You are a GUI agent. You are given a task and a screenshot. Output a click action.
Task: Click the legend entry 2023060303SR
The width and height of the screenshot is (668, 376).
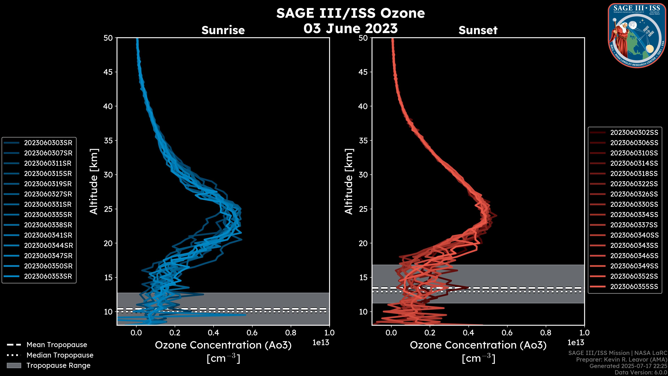tap(48, 143)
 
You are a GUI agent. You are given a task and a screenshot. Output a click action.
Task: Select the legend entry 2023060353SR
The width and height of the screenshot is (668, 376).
tap(48, 276)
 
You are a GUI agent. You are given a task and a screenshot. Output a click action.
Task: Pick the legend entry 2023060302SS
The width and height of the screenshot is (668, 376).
tap(634, 133)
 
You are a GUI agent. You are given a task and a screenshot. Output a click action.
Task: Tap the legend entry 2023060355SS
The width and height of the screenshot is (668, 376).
tap(634, 287)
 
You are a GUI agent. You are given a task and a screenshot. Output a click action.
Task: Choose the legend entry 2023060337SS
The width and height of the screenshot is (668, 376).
tap(634, 225)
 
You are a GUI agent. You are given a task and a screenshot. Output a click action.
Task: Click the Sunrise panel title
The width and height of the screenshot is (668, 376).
tap(223, 30)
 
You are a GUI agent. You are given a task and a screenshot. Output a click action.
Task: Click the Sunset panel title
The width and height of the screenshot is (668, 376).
tap(478, 30)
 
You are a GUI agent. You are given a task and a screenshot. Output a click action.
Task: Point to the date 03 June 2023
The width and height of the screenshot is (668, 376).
tap(350, 28)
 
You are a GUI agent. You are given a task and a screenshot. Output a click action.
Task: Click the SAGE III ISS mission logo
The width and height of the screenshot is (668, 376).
tap(637, 35)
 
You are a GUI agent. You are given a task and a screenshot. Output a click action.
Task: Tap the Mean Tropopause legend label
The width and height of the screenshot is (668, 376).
tap(57, 345)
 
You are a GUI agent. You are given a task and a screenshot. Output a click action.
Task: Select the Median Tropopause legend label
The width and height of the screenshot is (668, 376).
tap(60, 355)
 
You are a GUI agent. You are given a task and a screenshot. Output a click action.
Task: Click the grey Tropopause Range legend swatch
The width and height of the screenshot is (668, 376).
tap(14, 365)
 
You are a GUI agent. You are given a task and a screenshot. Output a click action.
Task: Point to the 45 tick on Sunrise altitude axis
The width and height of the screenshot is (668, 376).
tap(108, 72)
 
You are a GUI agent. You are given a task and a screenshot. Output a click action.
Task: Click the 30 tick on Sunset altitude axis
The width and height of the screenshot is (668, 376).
tap(363, 175)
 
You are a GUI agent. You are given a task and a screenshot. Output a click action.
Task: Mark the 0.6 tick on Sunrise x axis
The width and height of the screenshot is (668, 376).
tap(252, 333)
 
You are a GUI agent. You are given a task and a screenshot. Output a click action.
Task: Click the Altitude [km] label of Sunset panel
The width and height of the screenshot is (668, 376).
tap(349, 181)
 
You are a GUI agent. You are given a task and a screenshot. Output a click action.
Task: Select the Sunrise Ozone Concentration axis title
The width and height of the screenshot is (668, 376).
tap(223, 345)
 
